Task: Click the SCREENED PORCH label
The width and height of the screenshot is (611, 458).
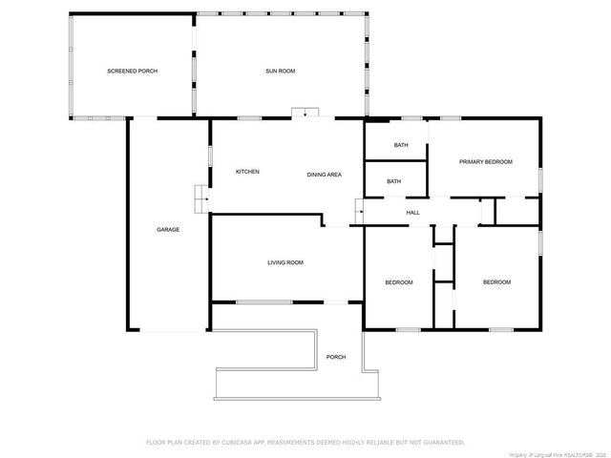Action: pyautogui.click(x=132, y=73)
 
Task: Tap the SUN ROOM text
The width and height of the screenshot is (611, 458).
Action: pyautogui.click(x=280, y=73)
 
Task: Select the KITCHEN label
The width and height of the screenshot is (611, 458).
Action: pyautogui.click(x=247, y=172)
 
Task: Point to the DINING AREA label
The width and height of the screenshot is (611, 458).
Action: pyautogui.click(x=325, y=175)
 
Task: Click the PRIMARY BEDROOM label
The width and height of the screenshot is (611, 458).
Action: pyautogui.click(x=485, y=162)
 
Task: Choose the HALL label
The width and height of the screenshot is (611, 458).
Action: pyautogui.click(x=412, y=213)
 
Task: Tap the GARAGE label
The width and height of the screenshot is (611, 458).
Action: pyautogui.click(x=168, y=229)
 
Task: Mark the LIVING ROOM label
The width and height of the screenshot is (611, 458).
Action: pyautogui.click(x=285, y=262)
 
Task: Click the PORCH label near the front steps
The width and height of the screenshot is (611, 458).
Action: pyautogui.click(x=336, y=357)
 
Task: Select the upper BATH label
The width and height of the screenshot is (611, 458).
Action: pyautogui.click(x=401, y=145)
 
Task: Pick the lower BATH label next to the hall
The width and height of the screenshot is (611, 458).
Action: pyautogui.click(x=393, y=181)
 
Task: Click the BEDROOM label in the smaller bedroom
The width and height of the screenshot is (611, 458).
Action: pyautogui.click(x=399, y=282)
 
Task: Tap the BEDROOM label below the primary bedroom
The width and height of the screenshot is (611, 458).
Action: pyautogui.click(x=496, y=282)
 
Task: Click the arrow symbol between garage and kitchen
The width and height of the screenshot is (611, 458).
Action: pyautogui.click(x=199, y=198)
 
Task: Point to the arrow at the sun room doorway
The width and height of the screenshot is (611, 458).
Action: pyautogui.click(x=305, y=113)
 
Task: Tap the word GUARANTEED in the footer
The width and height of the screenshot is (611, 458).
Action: pyautogui.click(x=440, y=442)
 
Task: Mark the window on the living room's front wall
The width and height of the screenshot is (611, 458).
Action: pyautogui.click(x=264, y=302)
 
